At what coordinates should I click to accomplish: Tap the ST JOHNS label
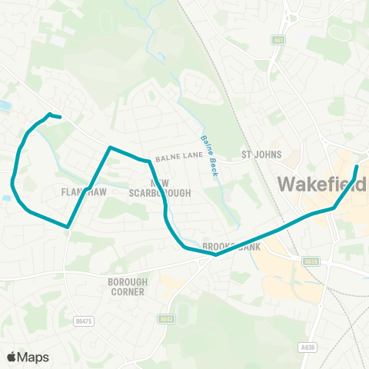(x=258, y=154)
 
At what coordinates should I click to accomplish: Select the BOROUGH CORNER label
(x=127, y=288)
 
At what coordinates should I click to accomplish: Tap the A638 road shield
(x=311, y=262)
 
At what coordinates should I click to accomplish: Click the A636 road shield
(x=307, y=347)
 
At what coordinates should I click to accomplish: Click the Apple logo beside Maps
(x=12, y=357)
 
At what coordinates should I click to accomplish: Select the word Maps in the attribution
(x=33, y=357)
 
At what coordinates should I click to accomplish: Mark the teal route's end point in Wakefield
(x=357, y=166)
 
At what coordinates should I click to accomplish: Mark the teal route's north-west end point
(x=60, y=118)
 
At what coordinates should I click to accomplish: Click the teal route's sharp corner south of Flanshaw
(x=68, y=228)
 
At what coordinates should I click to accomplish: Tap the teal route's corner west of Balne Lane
(x=110, y=147)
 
